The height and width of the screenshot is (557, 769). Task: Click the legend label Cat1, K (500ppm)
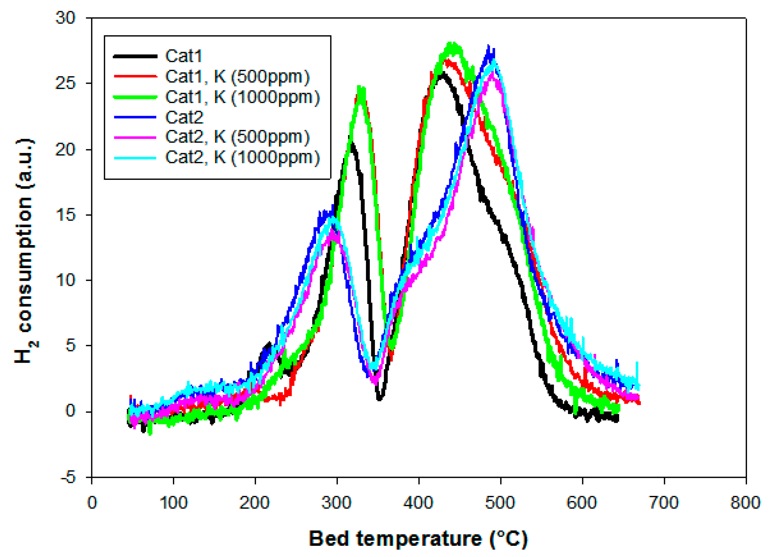tap(237, 77)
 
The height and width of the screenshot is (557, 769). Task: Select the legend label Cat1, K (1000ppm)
tap(242, 97)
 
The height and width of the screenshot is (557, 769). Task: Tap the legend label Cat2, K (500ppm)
tap(237, 137)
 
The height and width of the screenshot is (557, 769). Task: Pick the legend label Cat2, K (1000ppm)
tap(242, 158)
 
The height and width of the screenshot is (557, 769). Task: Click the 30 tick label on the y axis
tap(65, 18)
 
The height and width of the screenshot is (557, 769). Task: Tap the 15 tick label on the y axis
tap(65, 215)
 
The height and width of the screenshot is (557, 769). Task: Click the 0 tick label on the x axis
tap(92, 502)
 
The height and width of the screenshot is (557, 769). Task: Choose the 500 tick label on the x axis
tap(500, 502)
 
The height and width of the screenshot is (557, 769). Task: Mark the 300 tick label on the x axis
tap(336, 502)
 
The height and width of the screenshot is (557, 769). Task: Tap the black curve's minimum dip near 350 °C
tap(379, 399)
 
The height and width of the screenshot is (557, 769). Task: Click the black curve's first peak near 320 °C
tap(352, 144)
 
